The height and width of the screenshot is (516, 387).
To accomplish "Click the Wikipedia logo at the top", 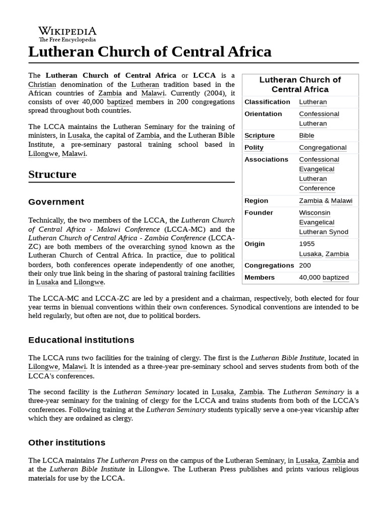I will coord(67,33).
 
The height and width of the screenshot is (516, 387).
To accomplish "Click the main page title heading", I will coord(150,52).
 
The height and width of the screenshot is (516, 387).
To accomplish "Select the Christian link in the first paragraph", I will coord(42,85).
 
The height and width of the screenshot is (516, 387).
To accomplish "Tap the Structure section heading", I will coord(52,174).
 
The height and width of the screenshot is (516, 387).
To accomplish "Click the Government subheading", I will coord(56,202).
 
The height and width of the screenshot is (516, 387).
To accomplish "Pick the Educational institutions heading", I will coord(81,340).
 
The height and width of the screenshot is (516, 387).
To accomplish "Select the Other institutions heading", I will coord(67,442).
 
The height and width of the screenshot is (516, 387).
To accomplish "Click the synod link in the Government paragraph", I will coord(177,247).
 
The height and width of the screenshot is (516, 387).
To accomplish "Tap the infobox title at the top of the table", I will coord(300,85).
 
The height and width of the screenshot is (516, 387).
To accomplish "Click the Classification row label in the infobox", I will coord(267,102).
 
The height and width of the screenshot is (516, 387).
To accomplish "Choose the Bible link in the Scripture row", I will coord(306,136).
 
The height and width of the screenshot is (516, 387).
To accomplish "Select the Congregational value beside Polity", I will coord(322,148).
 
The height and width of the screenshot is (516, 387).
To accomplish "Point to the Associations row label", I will coord(266,159).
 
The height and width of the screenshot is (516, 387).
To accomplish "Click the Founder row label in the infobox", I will coord(259,213).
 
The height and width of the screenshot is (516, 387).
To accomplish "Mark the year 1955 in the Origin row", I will coord(307,244).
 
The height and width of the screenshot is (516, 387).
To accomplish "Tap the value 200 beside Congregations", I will coord(305,266).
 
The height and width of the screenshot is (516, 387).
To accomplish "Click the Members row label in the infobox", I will coord(260,278).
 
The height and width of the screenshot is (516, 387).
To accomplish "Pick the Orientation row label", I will coord(263,114).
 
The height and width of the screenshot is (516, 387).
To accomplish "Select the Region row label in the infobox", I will coord(256,201).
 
